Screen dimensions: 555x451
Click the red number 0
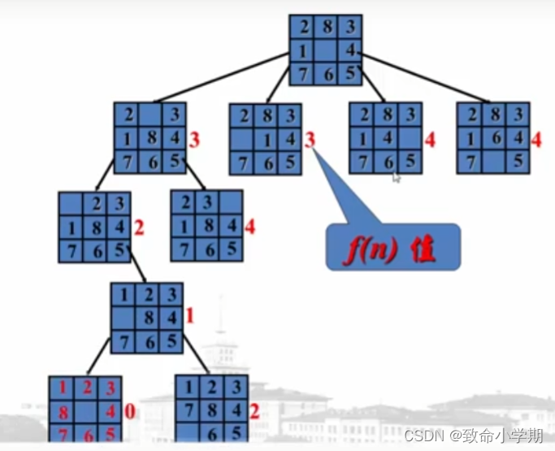click(x=128, y=412)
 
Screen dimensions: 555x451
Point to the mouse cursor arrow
click(x=396, y=176)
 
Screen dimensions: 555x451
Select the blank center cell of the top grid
click(x=326, y=50)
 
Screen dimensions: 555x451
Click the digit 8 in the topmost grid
click(x=326, y=27)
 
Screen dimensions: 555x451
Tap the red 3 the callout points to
click(x=310, y=140)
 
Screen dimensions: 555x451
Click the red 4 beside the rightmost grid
click(x=536, y=140)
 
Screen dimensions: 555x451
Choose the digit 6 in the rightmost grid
click(x=493, y=138)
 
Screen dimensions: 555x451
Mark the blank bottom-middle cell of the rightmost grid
click(x=493, y=161)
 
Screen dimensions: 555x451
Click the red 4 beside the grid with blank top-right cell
click(x=250, y=226)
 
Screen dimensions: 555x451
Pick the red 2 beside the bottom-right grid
click(x=254, y=412)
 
